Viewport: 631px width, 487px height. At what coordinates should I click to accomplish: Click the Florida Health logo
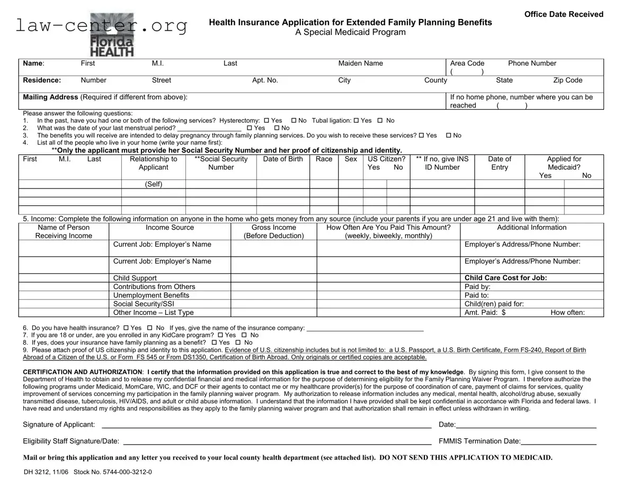pyautogui.click(x=112, y=35)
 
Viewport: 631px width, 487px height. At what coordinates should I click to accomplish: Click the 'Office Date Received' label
pyautogui.click(x=564, y=14)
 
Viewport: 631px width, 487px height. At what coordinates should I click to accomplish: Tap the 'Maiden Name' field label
pyautogui.click(x=360, y=64)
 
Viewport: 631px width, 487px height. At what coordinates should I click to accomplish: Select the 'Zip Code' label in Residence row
pyautogui.click(x=567, y=80)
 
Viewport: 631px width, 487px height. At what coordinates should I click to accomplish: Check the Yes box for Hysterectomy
pyautogui.click(x=266, y=121)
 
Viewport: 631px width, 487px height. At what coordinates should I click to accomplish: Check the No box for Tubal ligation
pyautogui.click(x=380, y=121)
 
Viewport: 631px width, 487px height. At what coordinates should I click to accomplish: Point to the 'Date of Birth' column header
pyautogui.click(x=283, y=159)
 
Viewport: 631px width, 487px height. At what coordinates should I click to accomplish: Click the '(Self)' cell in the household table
pyautogui.click(x=153, y=184)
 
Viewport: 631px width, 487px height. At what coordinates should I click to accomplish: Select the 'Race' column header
pyautogui.click(x=324, y=159)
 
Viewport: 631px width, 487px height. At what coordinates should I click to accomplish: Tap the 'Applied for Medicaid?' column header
pyautogui.click(x=564, y=163)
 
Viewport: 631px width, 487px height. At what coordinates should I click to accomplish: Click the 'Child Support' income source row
pyautogui.click(x=135, y=278)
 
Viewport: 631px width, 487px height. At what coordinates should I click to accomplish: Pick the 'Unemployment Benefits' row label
pyautogui.click(x=151, y=295)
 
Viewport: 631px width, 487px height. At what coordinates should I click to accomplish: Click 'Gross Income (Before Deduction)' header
pyautogui.click(x=273, y=232)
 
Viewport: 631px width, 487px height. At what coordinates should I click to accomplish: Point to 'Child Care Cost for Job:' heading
pyautogui.click(x=505, y=278)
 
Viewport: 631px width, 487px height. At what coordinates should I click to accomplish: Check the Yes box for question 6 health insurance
pyautogui.click(x=126, y=328)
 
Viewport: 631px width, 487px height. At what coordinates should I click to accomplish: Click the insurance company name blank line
pyautogui.click(x=365, y=329)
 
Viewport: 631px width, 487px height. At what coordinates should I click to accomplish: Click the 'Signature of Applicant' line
pyautogui.click(x=266, y=425)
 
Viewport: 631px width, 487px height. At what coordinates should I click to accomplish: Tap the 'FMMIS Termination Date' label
pyautogui.click(x=479, y=441)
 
